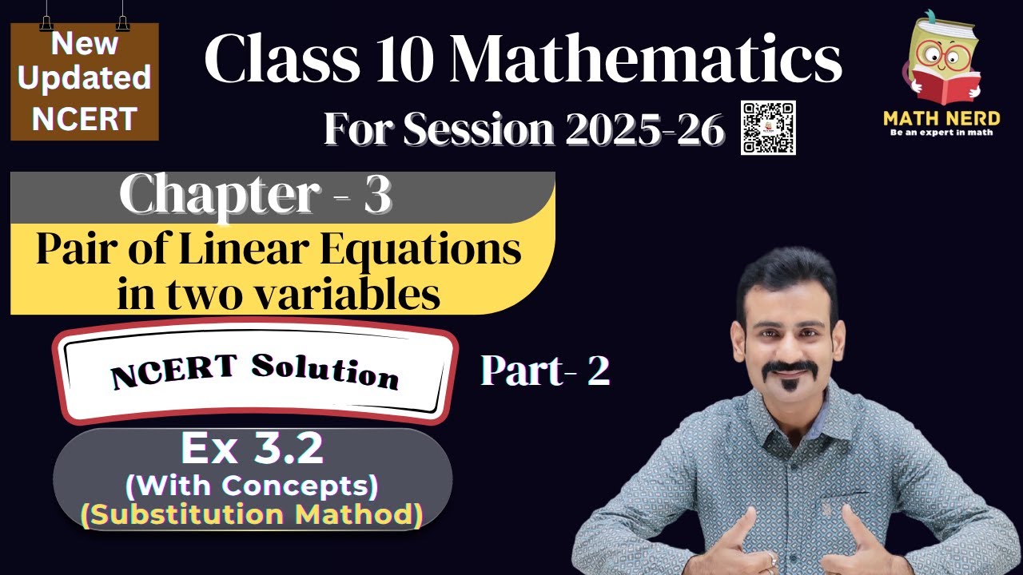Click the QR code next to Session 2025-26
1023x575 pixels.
(768, 128)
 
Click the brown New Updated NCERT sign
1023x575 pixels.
(85, 81)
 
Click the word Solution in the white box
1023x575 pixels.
(324, 371)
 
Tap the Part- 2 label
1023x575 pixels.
(545, 371)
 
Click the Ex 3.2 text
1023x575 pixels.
(253, 449)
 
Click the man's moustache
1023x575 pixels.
(789, 370)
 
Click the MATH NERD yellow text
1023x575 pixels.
(941, 118)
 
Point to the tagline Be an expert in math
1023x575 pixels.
(941, 133)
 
